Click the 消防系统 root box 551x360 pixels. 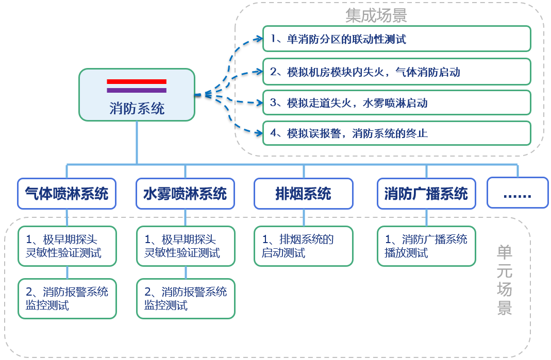coord(137,95)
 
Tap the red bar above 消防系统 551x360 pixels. coord(137,81)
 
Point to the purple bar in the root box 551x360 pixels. coord(137,90)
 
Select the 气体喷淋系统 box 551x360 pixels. coord(66,194)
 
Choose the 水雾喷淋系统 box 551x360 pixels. coord(185,194)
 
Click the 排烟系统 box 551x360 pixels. coord(303,194)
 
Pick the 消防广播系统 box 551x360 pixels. coord(426,194)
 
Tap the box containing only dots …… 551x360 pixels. coord(517,193)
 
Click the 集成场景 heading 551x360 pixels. coord(376,15)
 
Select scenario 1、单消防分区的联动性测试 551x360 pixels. coord(396,39)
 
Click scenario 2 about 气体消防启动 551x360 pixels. coord(396,72)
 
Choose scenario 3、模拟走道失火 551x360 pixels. coord(396,102)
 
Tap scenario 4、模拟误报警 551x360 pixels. coord(396,133)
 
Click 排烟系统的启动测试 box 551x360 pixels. coord(303,246)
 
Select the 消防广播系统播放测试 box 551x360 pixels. coord(426,246)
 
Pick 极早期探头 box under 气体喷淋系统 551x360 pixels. coord(67,246)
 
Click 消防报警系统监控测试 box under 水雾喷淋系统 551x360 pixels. coord(186,299)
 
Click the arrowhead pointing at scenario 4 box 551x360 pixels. coord(259,133)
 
